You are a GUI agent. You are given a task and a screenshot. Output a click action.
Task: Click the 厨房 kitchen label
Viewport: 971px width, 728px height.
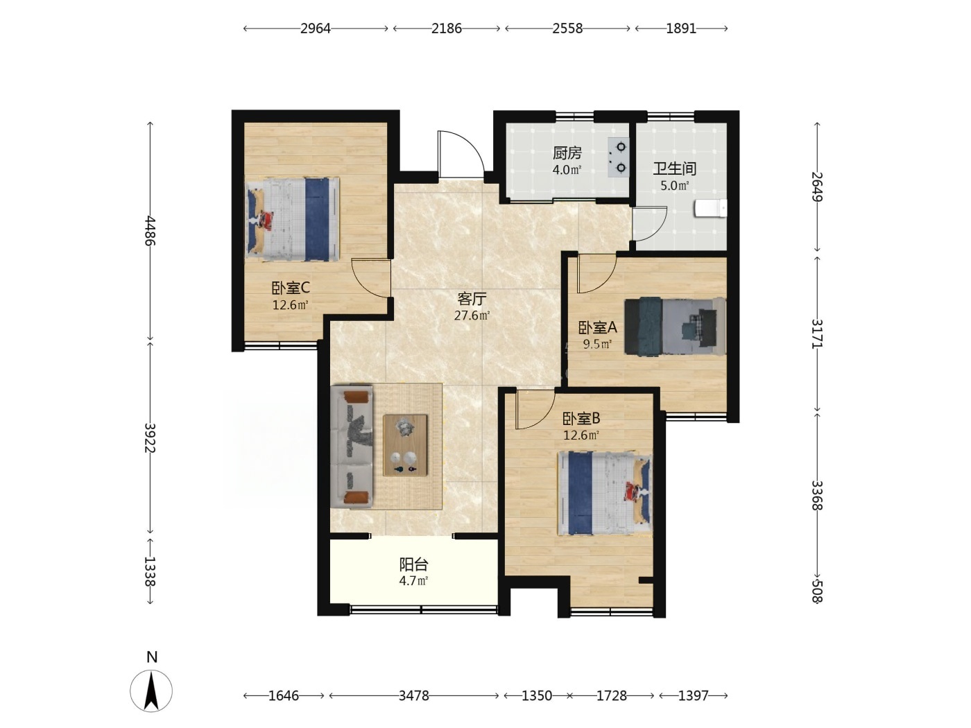567,153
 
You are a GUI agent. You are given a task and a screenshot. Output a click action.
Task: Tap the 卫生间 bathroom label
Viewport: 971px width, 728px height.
675,168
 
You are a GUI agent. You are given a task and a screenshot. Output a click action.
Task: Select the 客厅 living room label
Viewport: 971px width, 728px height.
472,300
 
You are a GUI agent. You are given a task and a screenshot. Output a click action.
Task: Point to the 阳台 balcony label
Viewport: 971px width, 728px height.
413,564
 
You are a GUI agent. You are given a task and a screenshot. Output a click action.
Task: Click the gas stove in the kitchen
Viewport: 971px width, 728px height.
619,157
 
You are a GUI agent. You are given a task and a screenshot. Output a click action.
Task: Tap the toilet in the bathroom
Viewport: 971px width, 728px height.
710,208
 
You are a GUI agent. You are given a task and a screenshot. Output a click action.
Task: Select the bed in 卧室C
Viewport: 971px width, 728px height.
293,219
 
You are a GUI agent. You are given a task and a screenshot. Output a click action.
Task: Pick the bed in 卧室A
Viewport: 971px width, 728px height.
675,326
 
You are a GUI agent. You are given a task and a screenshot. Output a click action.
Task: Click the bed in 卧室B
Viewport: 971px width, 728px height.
605,493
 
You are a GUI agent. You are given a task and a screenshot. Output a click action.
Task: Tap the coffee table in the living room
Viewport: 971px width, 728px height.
405,444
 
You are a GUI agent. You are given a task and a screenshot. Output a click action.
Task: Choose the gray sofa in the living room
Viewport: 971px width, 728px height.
352,447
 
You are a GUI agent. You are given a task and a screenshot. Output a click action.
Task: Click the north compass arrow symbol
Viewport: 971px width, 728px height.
151,691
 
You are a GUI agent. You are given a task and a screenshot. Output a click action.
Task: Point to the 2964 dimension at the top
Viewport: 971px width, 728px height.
316,28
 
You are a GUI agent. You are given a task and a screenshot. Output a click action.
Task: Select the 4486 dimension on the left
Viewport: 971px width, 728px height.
151,231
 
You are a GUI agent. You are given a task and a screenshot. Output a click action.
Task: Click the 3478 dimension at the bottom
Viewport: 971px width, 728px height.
413,695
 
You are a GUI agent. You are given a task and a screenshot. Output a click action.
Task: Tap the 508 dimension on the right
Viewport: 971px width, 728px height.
817,591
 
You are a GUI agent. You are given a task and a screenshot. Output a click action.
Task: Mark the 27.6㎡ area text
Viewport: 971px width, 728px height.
472,315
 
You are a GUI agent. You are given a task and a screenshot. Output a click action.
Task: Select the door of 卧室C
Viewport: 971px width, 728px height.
370,278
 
